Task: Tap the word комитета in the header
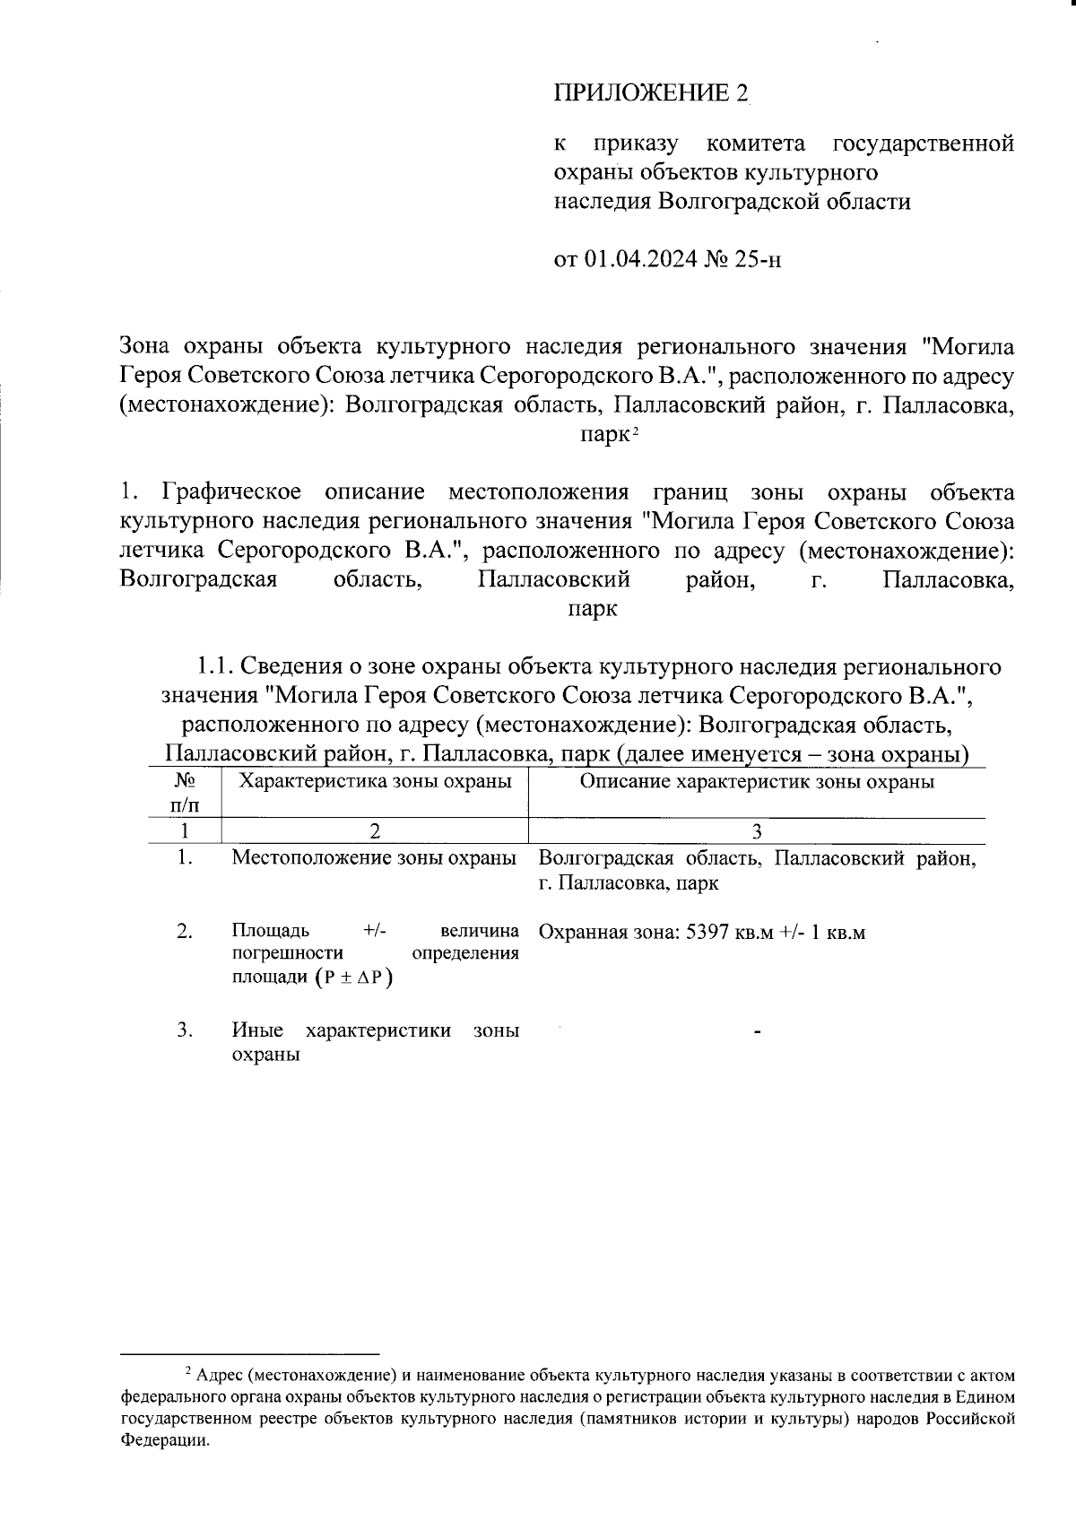tap(755, 143)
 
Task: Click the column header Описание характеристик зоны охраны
tap(757, 781)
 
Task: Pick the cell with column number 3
tap(757, 830)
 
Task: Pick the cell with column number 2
tap(375, 830)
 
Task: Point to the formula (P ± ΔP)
tap(359, 978)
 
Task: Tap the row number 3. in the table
tap(185, 1030)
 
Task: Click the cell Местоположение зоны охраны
tap(374, 858)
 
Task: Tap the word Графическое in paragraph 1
tap(233, 492)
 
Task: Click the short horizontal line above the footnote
tap(250, 1353)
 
